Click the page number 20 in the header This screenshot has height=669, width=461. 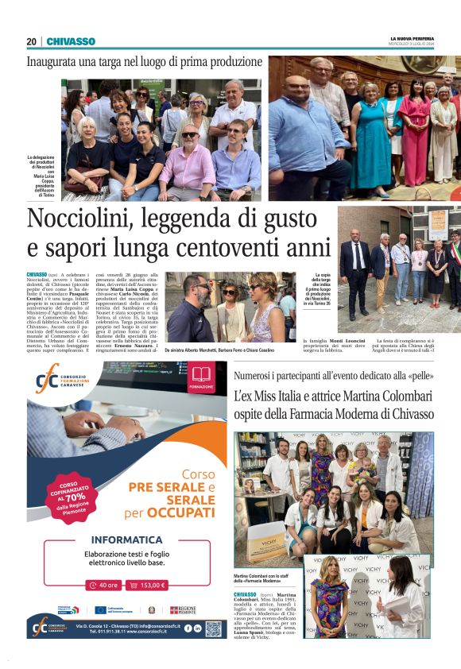[x=31, y=41]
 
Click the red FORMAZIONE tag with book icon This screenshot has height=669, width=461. [x=201, y=377]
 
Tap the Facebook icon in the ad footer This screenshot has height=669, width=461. [x=187, y=628]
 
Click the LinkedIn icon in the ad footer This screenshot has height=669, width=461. [x=198, y=628]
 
